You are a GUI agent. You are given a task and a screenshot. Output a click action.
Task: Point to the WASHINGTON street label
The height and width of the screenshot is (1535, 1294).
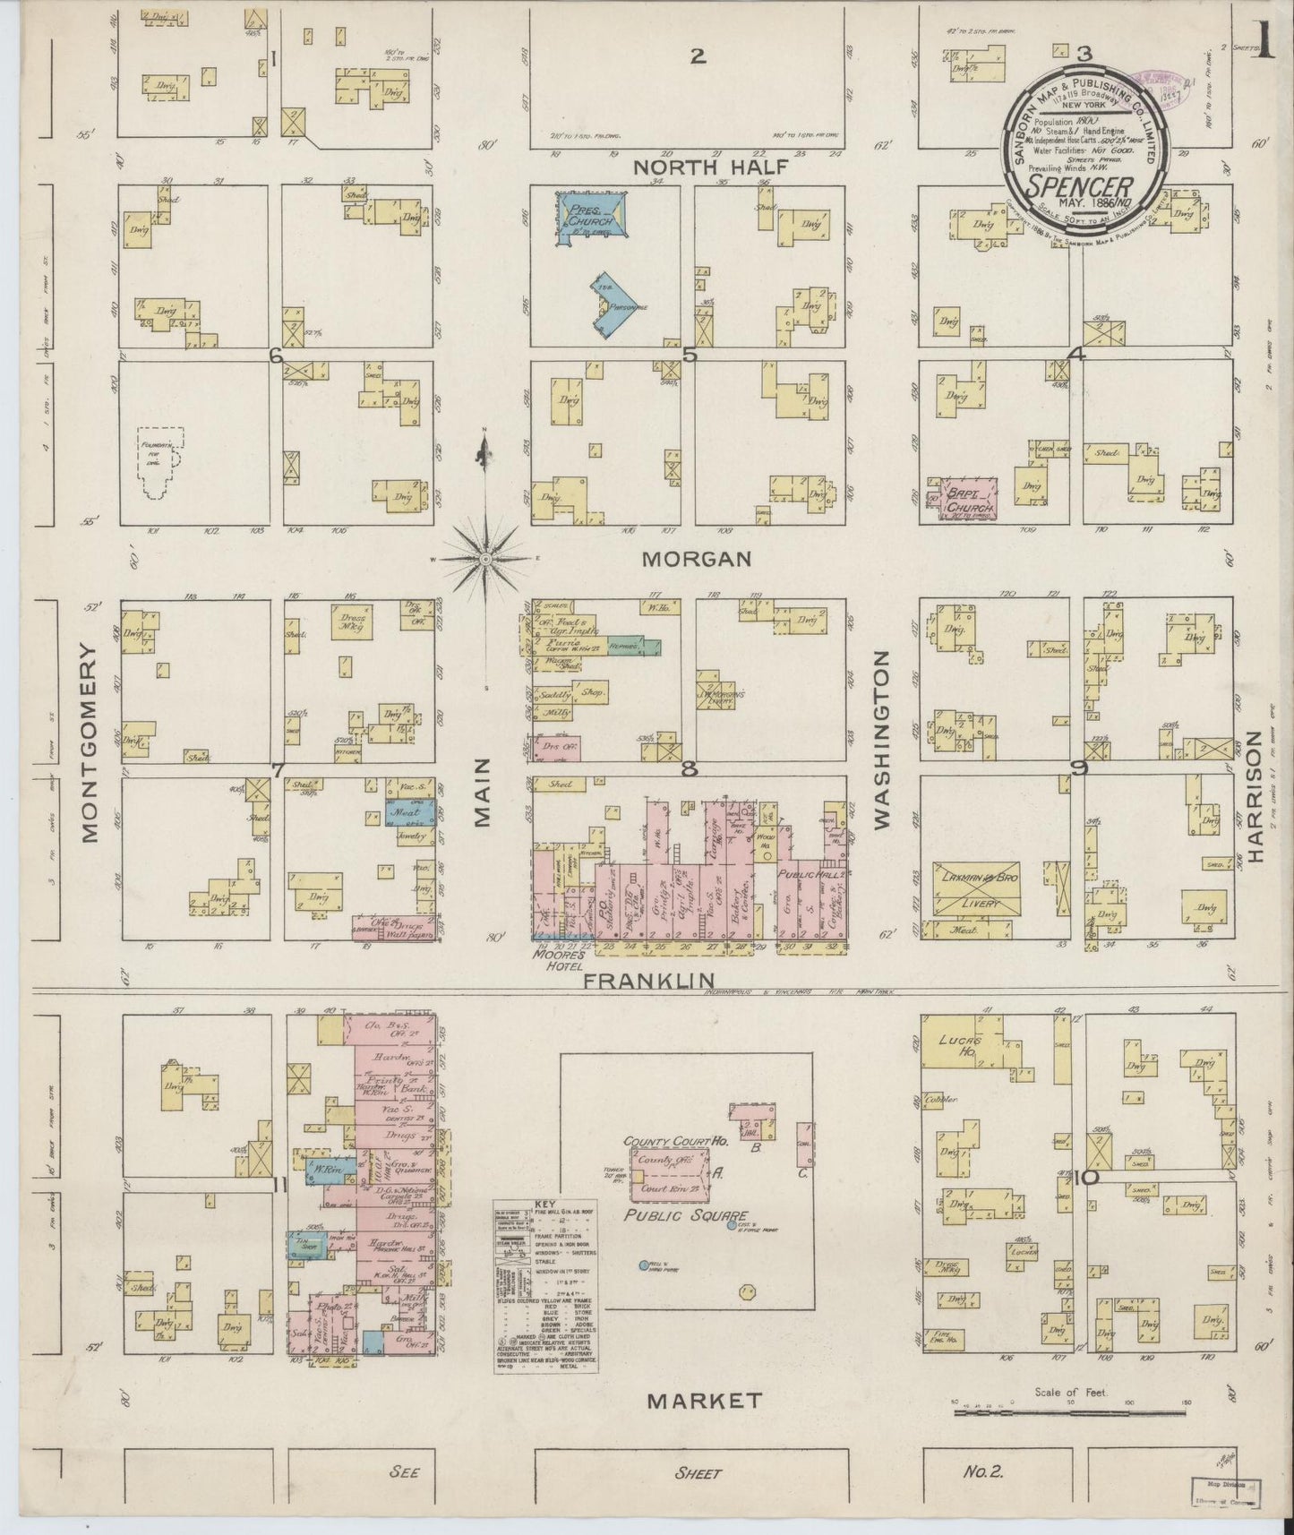click(x=882, y=740)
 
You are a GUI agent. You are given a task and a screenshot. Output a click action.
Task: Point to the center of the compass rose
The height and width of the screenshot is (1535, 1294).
click(x=484, y=559)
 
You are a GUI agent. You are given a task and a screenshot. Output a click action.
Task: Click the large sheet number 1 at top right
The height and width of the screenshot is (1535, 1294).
click(x=1265, y=43)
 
